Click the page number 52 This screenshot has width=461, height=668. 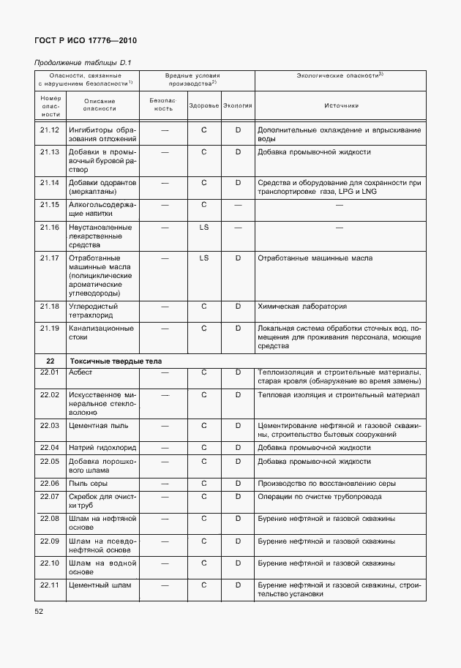[40, 609]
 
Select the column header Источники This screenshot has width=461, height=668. [341, 105]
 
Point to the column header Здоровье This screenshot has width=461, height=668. [203, 105]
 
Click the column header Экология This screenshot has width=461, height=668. [238, 105]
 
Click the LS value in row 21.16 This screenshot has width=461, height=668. [204, 228]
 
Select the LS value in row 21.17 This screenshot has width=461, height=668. [204, 258]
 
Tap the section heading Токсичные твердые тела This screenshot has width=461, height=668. [115, 361]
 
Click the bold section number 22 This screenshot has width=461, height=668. [50, 361]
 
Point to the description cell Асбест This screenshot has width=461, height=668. [80, 372]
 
